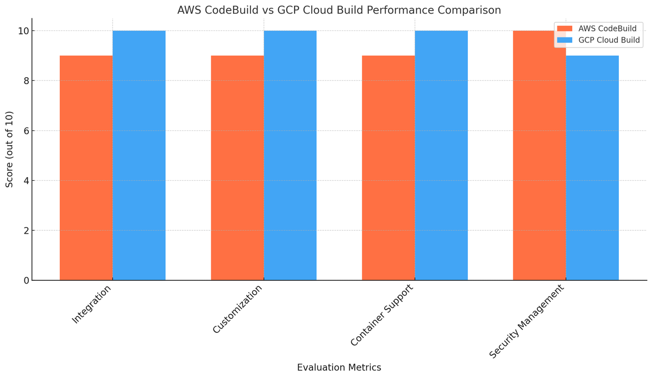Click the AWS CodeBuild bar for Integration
86,168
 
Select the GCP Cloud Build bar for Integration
139,155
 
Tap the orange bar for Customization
237,168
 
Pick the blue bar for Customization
290,155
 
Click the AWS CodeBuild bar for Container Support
388,168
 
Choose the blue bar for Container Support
441,155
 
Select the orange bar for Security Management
540,155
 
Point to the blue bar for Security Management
592,168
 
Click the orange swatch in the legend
565,29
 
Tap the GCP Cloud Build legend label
609,40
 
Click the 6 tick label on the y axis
26,131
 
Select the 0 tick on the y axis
26,281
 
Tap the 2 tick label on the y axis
26,230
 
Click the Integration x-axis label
91,304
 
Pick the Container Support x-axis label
381,316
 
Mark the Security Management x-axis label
526,322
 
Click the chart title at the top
339,10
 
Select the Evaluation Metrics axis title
339,367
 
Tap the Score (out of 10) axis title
9,149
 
